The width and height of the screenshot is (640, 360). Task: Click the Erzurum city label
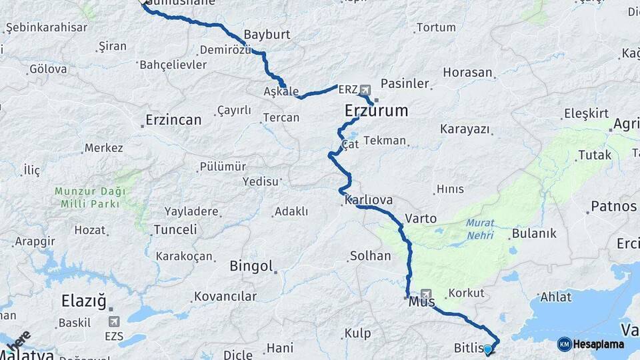coord(376,111)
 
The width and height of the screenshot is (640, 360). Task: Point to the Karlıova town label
coord(369,200)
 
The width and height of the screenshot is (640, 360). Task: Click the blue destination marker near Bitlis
coord(487,349)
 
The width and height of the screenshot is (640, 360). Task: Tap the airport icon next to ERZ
coord(365,89)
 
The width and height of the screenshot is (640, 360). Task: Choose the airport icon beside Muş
coord(426,293)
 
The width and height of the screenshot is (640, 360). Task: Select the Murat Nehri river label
coord(481,230)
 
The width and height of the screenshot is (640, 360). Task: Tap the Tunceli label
coord(175,229)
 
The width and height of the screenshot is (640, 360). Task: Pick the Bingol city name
coord(251,267)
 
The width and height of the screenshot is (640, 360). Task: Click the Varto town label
coord(421,218)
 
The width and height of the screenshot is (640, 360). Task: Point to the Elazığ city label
coord(83,301)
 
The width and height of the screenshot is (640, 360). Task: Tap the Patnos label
coord(613,207)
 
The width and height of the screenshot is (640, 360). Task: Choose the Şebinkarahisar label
coord(46,27)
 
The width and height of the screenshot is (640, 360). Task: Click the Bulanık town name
coord(533,234)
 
